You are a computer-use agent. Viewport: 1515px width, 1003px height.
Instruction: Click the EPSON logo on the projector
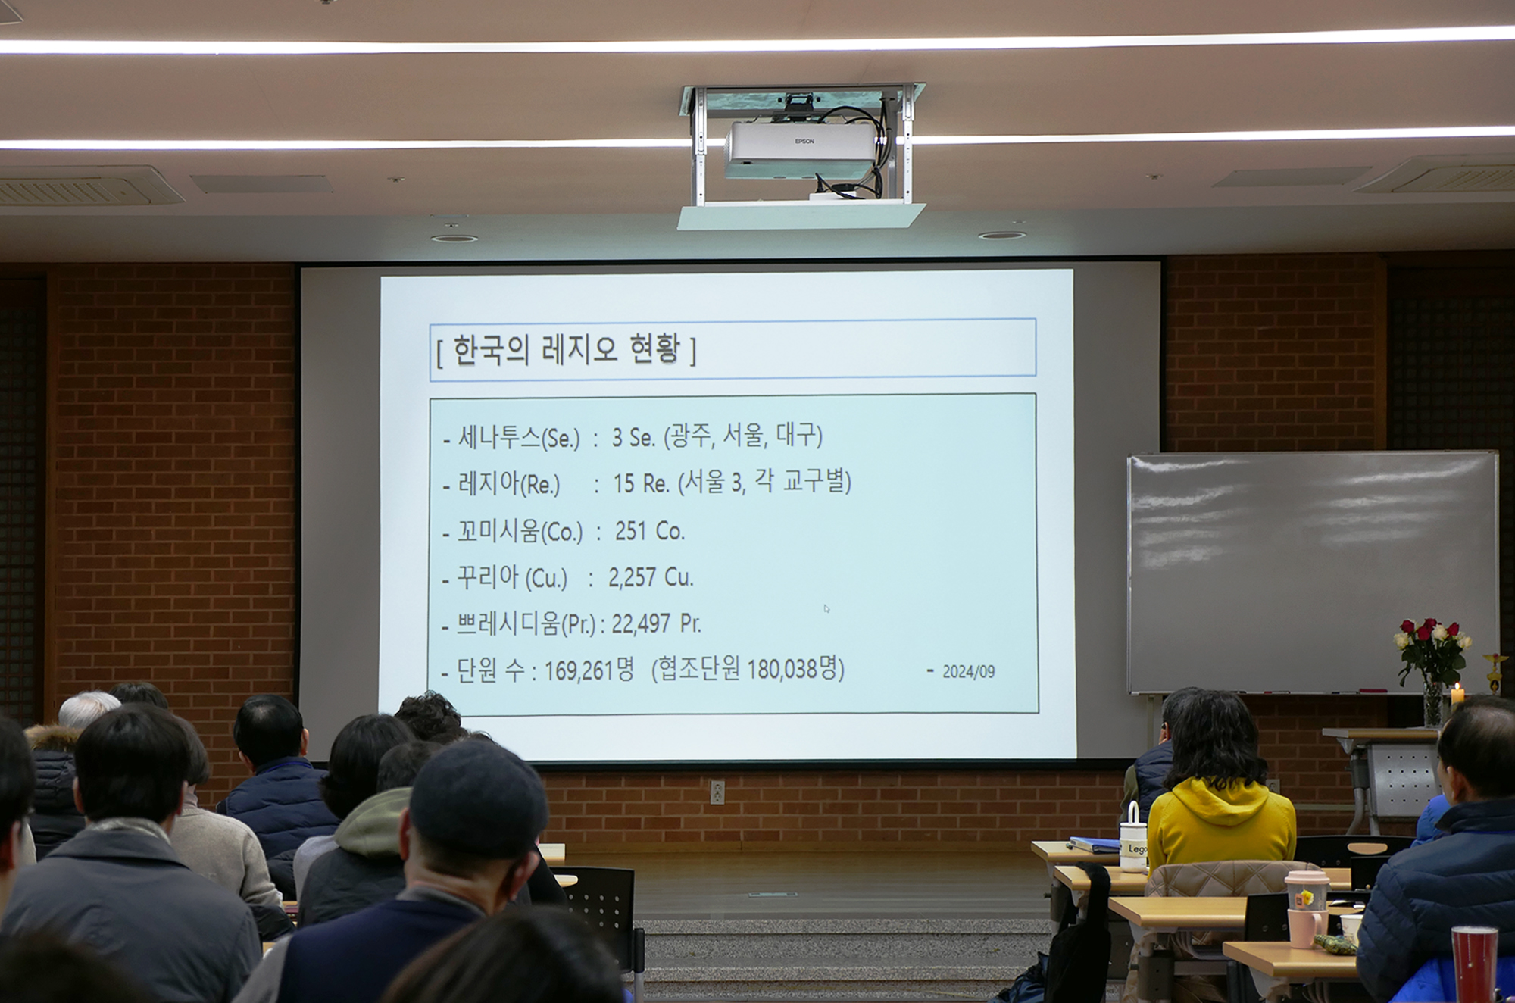pos(804,141)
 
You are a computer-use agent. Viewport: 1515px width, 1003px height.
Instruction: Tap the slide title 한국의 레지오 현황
pos(566,350)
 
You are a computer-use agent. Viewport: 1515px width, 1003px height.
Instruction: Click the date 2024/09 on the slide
pos(968,672)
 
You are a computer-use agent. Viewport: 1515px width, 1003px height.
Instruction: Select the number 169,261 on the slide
pos(579,670)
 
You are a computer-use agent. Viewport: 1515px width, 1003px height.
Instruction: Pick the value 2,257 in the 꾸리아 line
pos(632,577)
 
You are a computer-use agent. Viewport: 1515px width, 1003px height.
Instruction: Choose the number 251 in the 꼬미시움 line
pos(630,531)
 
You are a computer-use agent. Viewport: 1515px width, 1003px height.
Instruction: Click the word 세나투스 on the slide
pos(499,437)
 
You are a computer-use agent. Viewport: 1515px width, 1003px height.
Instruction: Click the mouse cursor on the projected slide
pos(826,608)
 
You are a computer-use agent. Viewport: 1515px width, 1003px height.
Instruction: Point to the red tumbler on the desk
pos(1473,964)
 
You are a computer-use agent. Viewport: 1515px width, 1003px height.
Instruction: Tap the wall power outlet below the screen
pos(717,792)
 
